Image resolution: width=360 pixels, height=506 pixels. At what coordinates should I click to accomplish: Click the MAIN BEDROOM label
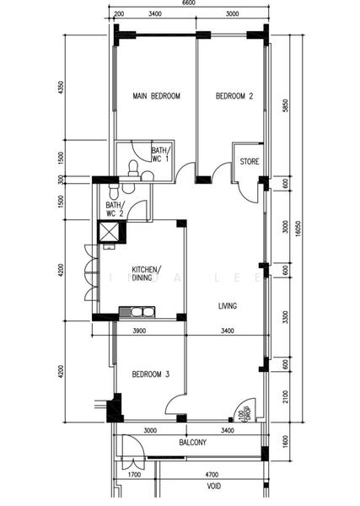(157, 97)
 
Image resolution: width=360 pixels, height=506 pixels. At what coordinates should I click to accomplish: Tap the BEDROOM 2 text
(234, 97)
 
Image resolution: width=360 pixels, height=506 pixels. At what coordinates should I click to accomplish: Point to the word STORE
(250, 161)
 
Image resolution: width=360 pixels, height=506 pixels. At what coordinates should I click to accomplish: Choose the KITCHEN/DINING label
(142, 273)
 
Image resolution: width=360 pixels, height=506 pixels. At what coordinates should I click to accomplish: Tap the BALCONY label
(194, 442)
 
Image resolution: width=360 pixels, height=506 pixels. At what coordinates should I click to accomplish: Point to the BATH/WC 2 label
(115, 209)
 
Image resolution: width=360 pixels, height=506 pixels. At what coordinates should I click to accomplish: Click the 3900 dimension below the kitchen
(140, 331)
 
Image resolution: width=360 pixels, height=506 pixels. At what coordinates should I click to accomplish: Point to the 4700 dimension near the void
(212, 475)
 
